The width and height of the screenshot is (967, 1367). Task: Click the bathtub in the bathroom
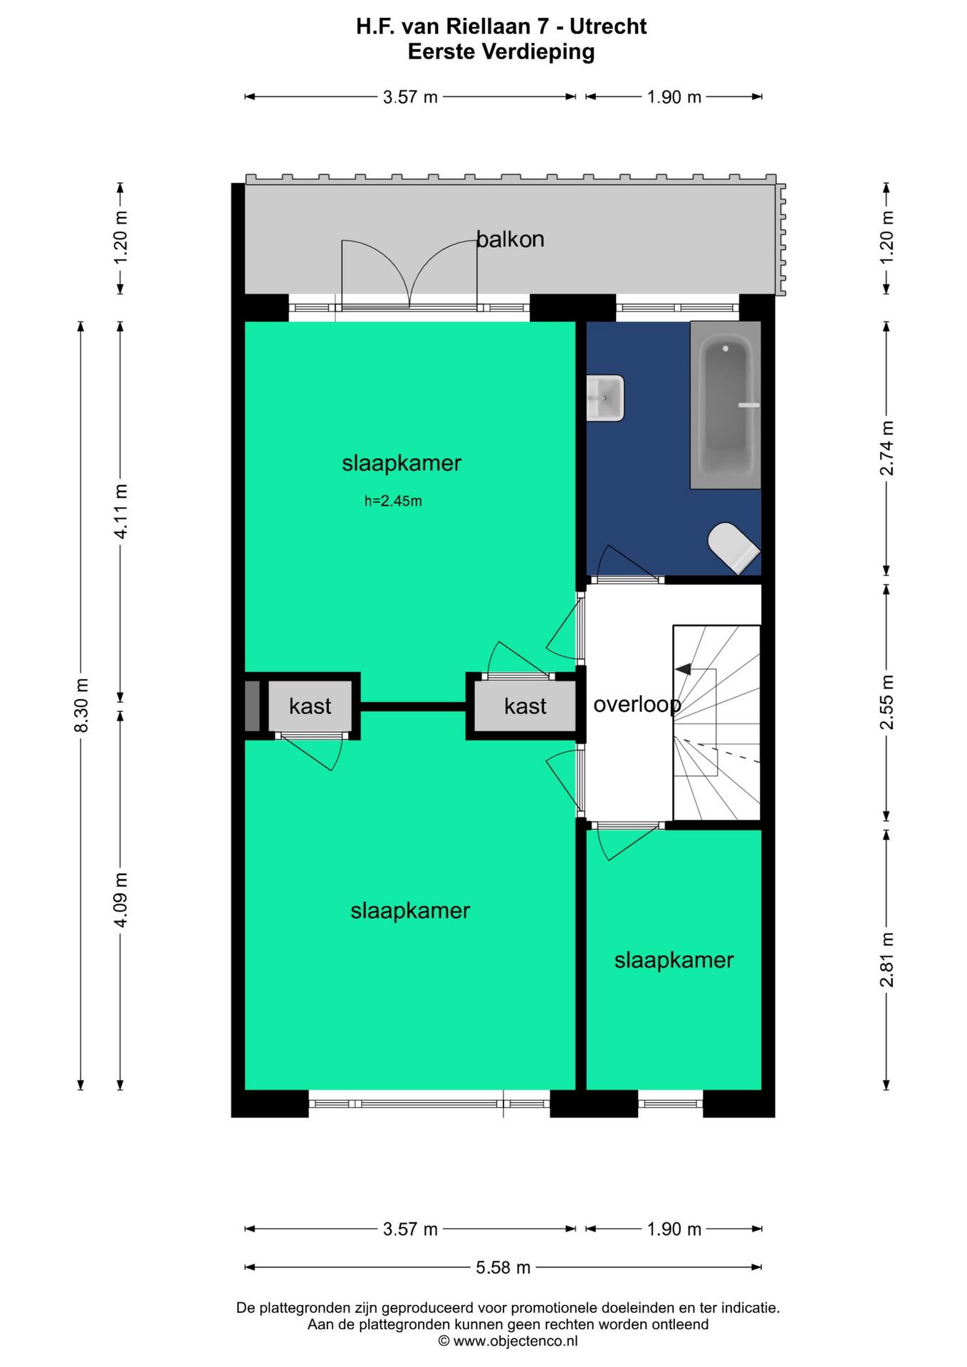point(725,404)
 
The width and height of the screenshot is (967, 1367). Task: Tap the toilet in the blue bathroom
point(733,548)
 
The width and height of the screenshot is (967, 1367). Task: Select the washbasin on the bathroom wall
point(605,398)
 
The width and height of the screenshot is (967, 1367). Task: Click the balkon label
point(510,239)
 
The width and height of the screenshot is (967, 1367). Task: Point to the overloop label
point(637,705)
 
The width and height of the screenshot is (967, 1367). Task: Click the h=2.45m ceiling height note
point(393,501)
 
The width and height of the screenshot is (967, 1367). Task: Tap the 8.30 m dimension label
point(81,706)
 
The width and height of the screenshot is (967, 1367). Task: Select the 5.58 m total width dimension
point(503,1267)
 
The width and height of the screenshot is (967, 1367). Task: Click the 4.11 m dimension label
point(121,511)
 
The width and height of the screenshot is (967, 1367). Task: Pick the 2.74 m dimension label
point(887,448)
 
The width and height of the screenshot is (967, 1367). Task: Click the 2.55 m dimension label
point(887,703)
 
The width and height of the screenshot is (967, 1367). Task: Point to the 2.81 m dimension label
point(887,960)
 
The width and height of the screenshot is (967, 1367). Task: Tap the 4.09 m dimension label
point(121,900)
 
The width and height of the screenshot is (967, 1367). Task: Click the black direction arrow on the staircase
point(683,669)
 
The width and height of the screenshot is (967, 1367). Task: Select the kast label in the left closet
point(310,706)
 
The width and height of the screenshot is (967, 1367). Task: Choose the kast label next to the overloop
point(525,706)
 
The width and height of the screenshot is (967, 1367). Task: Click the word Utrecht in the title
point(608,26)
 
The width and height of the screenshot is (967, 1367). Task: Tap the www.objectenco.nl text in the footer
point(516,1341)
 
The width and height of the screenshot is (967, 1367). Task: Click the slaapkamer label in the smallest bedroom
point(674,960)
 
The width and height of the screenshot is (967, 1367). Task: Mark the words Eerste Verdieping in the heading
point(501,52)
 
